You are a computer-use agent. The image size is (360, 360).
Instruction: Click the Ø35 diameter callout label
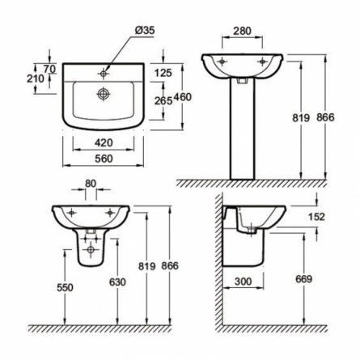tap(145, 31)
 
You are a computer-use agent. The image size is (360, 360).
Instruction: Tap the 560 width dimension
tap(104, 159)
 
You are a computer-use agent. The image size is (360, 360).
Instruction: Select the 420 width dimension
tap(104, 142)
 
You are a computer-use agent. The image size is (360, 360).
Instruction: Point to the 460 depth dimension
tap(182, 97)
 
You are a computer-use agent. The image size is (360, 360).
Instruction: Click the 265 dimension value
tap(163, 100)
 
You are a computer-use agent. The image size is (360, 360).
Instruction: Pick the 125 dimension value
tap(163, 73)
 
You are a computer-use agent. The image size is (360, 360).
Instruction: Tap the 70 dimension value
tap(50, 69)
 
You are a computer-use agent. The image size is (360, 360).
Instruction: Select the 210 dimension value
tap(36, 78)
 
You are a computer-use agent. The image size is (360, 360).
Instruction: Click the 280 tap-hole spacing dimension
tap(242, 31)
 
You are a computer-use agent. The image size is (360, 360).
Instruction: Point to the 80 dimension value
tap(91, 184)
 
